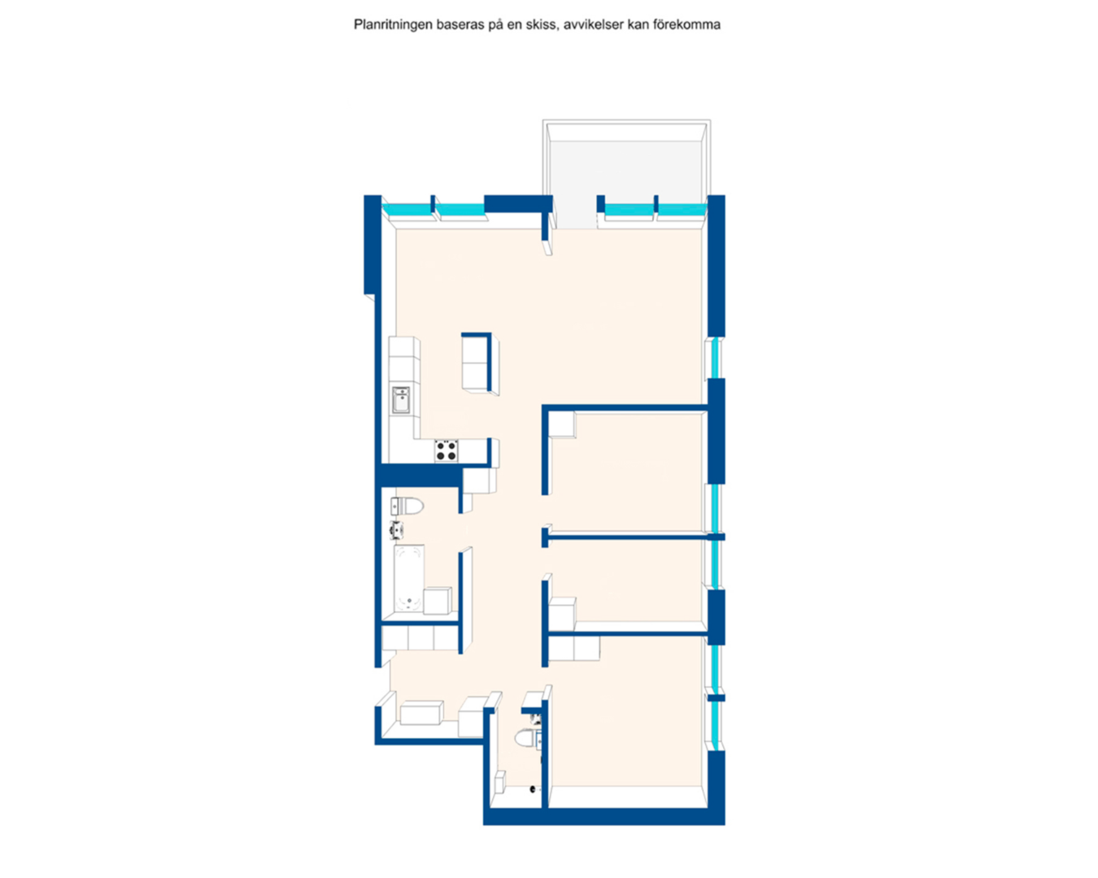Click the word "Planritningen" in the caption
pos(393,25)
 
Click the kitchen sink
pos(401,399)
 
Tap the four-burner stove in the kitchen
pos(446,450)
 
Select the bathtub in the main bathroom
pos(408,578)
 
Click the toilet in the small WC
pos(526,739)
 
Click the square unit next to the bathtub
pos(437,601)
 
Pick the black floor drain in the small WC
pos(534,788)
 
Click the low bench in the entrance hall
pos(421,712)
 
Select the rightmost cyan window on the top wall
pos(682,209)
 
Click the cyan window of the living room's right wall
pos(716,358)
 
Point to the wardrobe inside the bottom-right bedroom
pos(575,648)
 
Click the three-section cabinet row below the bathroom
pos(420,638)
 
